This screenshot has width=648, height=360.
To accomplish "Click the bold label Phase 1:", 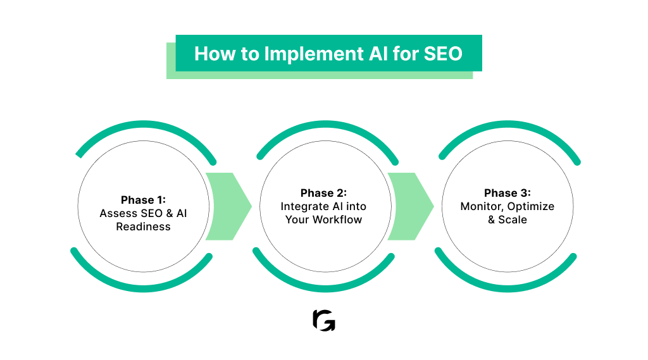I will click(x=143, y=200).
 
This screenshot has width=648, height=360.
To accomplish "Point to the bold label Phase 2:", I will click(x=324, y=193).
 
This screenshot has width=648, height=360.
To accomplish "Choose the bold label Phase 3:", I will click(x=508, y=193).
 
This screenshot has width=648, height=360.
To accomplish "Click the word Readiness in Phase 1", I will click(x=143, y=227).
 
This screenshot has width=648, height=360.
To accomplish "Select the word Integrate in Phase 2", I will click(x=306, y=206).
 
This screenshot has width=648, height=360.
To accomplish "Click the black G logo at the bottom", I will click(x=324, y=321).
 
